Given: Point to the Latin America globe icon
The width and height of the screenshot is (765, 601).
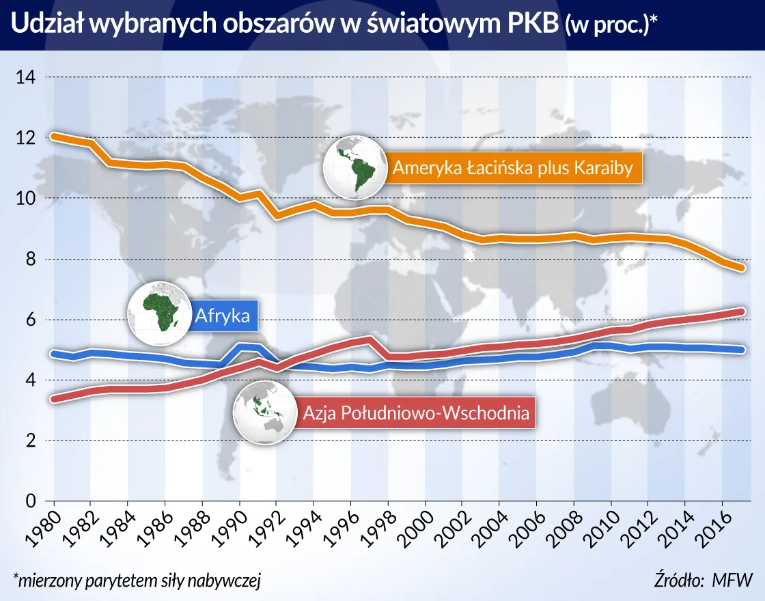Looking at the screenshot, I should [354, 167].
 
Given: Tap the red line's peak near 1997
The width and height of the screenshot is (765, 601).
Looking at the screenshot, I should [370, 339].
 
